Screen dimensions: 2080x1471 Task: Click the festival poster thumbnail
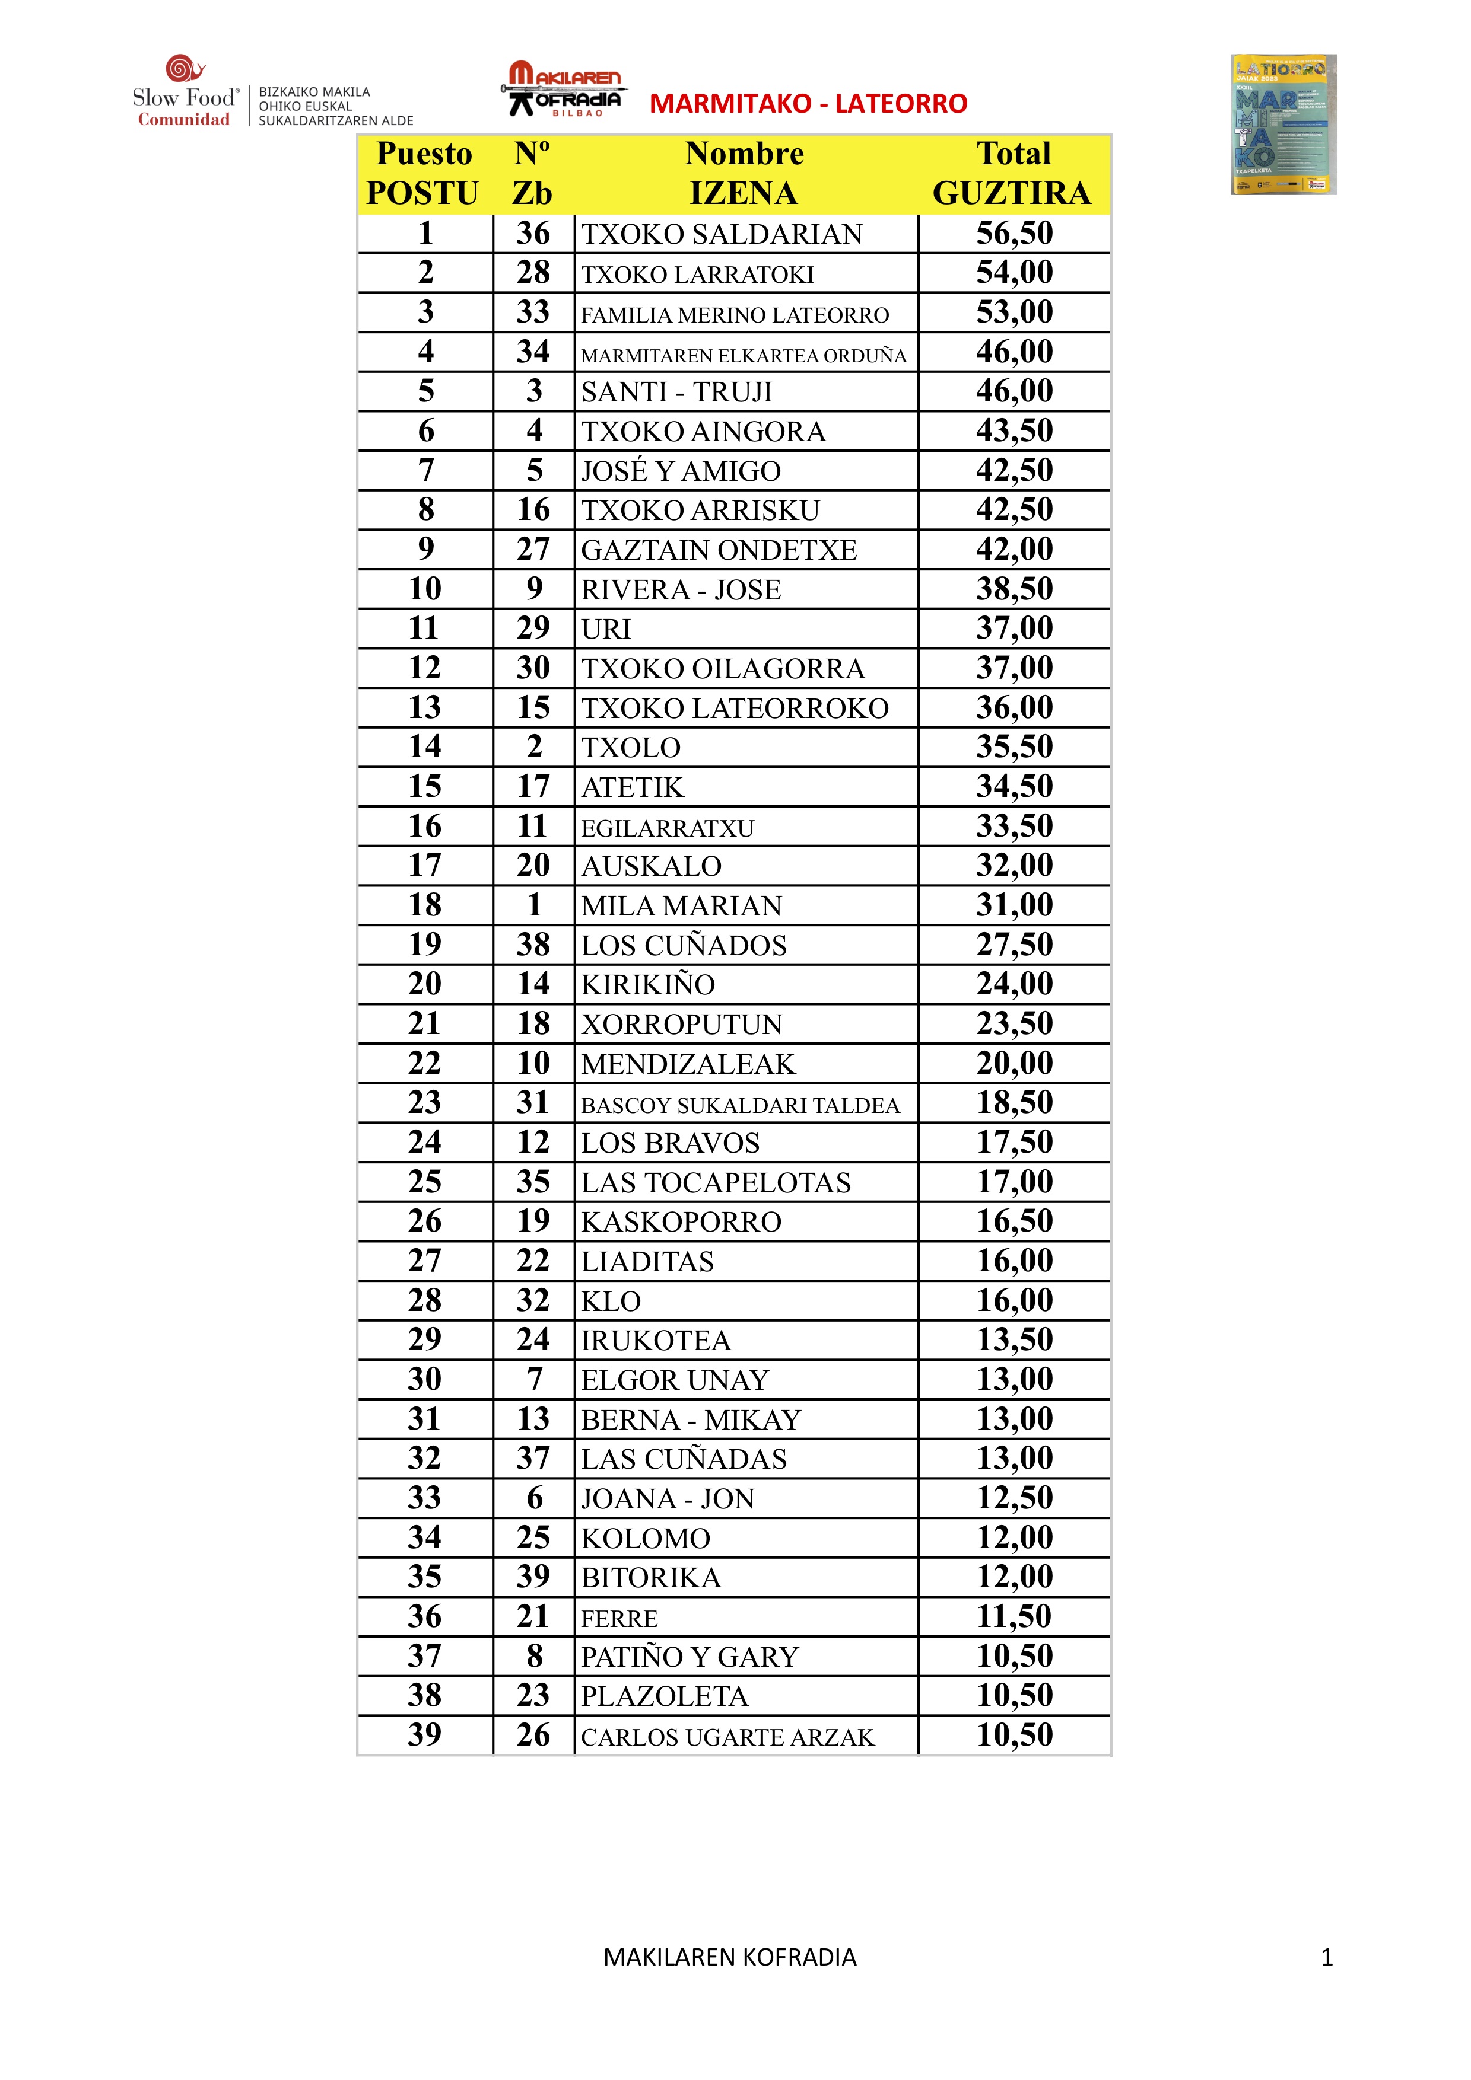coord(1283,124)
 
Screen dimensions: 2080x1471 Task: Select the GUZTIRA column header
coord(1012,193)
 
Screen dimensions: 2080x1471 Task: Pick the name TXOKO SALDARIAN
coord(722,235)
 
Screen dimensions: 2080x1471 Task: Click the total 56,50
coord(1014,234)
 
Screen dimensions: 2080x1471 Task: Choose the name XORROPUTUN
coord(682,1025)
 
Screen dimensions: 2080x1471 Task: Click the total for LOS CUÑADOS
coord(1014,945)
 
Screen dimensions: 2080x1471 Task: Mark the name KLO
coord(611,1302)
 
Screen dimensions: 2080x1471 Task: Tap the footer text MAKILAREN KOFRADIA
coord(730,1958)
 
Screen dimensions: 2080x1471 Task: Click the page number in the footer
coord(1327,1958)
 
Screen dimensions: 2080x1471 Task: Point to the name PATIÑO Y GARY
coord(689,1657)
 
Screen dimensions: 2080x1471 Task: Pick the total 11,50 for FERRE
coord(1014,1616)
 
